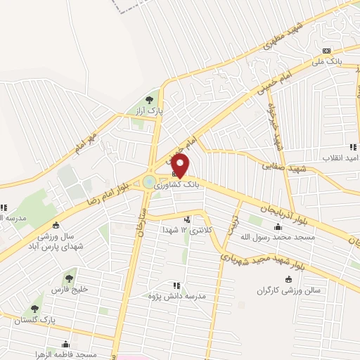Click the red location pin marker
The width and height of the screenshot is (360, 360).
click(x=181, y=166)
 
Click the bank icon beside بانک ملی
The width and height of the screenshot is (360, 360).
click(x=326, y=51)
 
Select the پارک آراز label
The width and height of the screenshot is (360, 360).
click(x=149, y=111)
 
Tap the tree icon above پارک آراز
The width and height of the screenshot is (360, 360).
click(x=149, y=100)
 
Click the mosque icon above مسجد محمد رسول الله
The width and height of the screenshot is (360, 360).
click(x=278, y=226)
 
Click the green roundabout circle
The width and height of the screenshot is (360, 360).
click(x=149, y=182)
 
